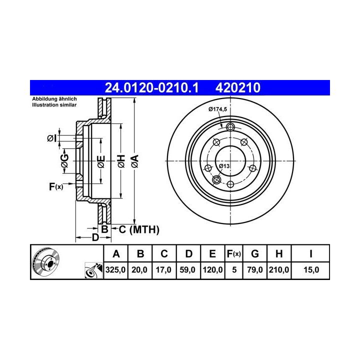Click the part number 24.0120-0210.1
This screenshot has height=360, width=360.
tap(151, 88)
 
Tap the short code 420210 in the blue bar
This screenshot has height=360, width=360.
tap(238, 88)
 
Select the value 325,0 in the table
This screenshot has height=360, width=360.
tap(115, 270)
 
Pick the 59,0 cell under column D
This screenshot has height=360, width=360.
tap(187, 270)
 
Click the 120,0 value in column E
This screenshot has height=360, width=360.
tap(212, 270)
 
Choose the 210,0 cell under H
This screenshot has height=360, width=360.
tap(279, 270)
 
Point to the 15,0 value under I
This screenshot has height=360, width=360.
tap(311, 270)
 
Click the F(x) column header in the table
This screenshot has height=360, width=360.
tap(233, 254)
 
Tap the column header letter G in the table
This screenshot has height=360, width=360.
tap(255, 254)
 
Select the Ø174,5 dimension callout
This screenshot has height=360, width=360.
tap(217, 109)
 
